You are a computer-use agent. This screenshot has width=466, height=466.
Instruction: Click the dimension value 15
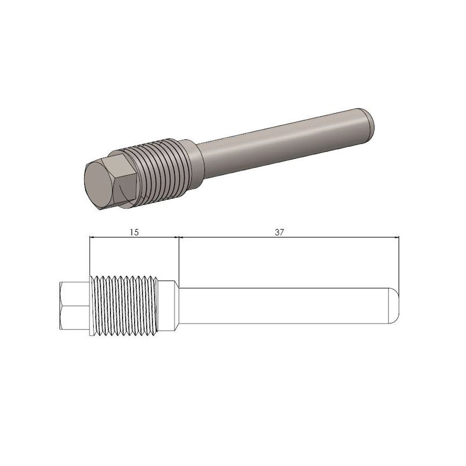(134, 232)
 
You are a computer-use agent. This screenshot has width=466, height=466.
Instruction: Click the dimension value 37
(280, 232)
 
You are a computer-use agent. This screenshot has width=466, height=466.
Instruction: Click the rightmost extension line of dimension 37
(399, 261)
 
